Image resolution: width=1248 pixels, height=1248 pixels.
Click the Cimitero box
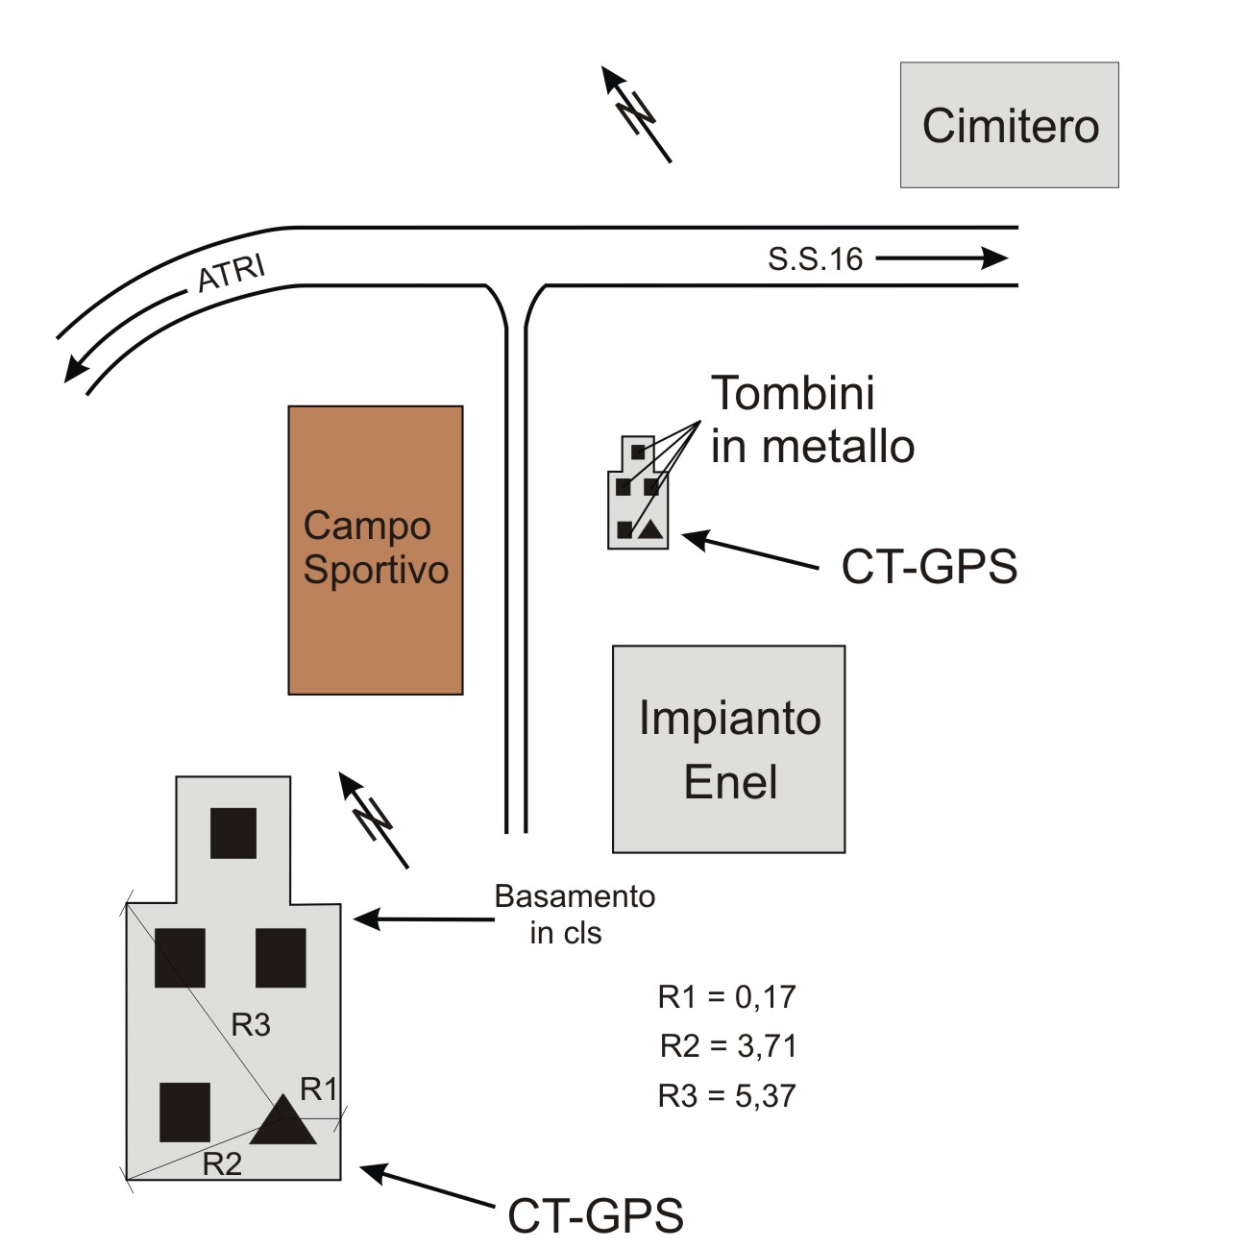point(1009,125)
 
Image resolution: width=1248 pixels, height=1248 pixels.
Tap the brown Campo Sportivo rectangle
point(376,550)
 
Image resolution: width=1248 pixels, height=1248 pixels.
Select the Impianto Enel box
point(729,748)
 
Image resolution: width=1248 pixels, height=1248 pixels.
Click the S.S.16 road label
point(815,259)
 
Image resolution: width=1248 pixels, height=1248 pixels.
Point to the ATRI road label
point(231,273)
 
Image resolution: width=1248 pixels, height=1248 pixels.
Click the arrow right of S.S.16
point(942,257)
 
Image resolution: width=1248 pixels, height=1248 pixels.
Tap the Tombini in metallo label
point(812,420)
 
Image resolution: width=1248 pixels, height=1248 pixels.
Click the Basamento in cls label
point(574,914)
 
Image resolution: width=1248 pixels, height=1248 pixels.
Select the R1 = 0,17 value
point(727,997)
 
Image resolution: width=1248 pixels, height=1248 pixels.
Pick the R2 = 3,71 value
point(727,1045)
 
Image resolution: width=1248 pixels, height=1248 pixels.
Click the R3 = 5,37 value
point(727,1095)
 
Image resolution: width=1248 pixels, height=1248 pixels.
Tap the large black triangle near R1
point(283,1123)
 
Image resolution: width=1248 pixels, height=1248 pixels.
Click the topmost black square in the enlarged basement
point(233,833)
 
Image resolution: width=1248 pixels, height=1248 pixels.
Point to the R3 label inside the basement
point(251,1025)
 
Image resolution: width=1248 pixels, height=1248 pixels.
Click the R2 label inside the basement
point(222,1164)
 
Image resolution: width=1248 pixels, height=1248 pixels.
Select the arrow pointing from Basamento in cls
point(423,919)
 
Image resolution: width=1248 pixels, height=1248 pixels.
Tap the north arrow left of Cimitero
point(635,113)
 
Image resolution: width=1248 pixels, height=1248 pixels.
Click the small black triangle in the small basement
point(650,528)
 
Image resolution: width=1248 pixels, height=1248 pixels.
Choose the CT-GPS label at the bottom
point(595,1215)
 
